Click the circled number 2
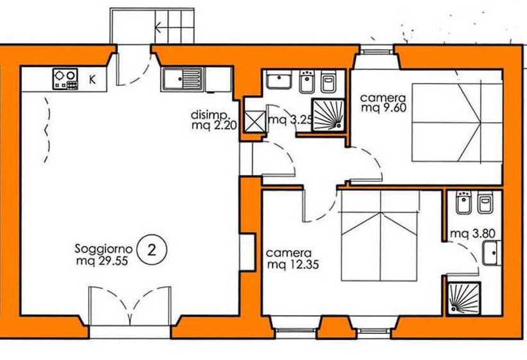[152, 249]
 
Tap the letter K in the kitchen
[93, 80]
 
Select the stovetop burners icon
[65, 79]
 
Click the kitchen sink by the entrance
[183, 78]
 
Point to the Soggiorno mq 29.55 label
[103, 254]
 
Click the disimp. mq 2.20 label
[208, 120]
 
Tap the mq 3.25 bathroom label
[281, 120]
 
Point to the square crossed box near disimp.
[253, 120]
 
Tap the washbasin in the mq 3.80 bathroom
[492, 253]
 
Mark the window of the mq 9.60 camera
[376, 50]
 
